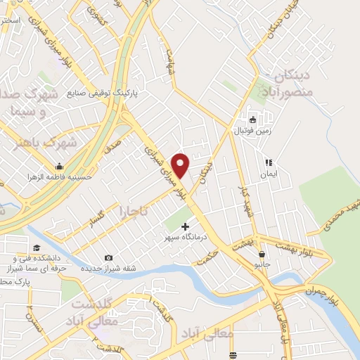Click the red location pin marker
(181, 165)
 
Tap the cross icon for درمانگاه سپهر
(186, 226)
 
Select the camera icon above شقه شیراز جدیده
(108, 257)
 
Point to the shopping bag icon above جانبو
(262, 255)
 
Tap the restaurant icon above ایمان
(268, 163)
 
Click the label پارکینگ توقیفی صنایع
(105, 92)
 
